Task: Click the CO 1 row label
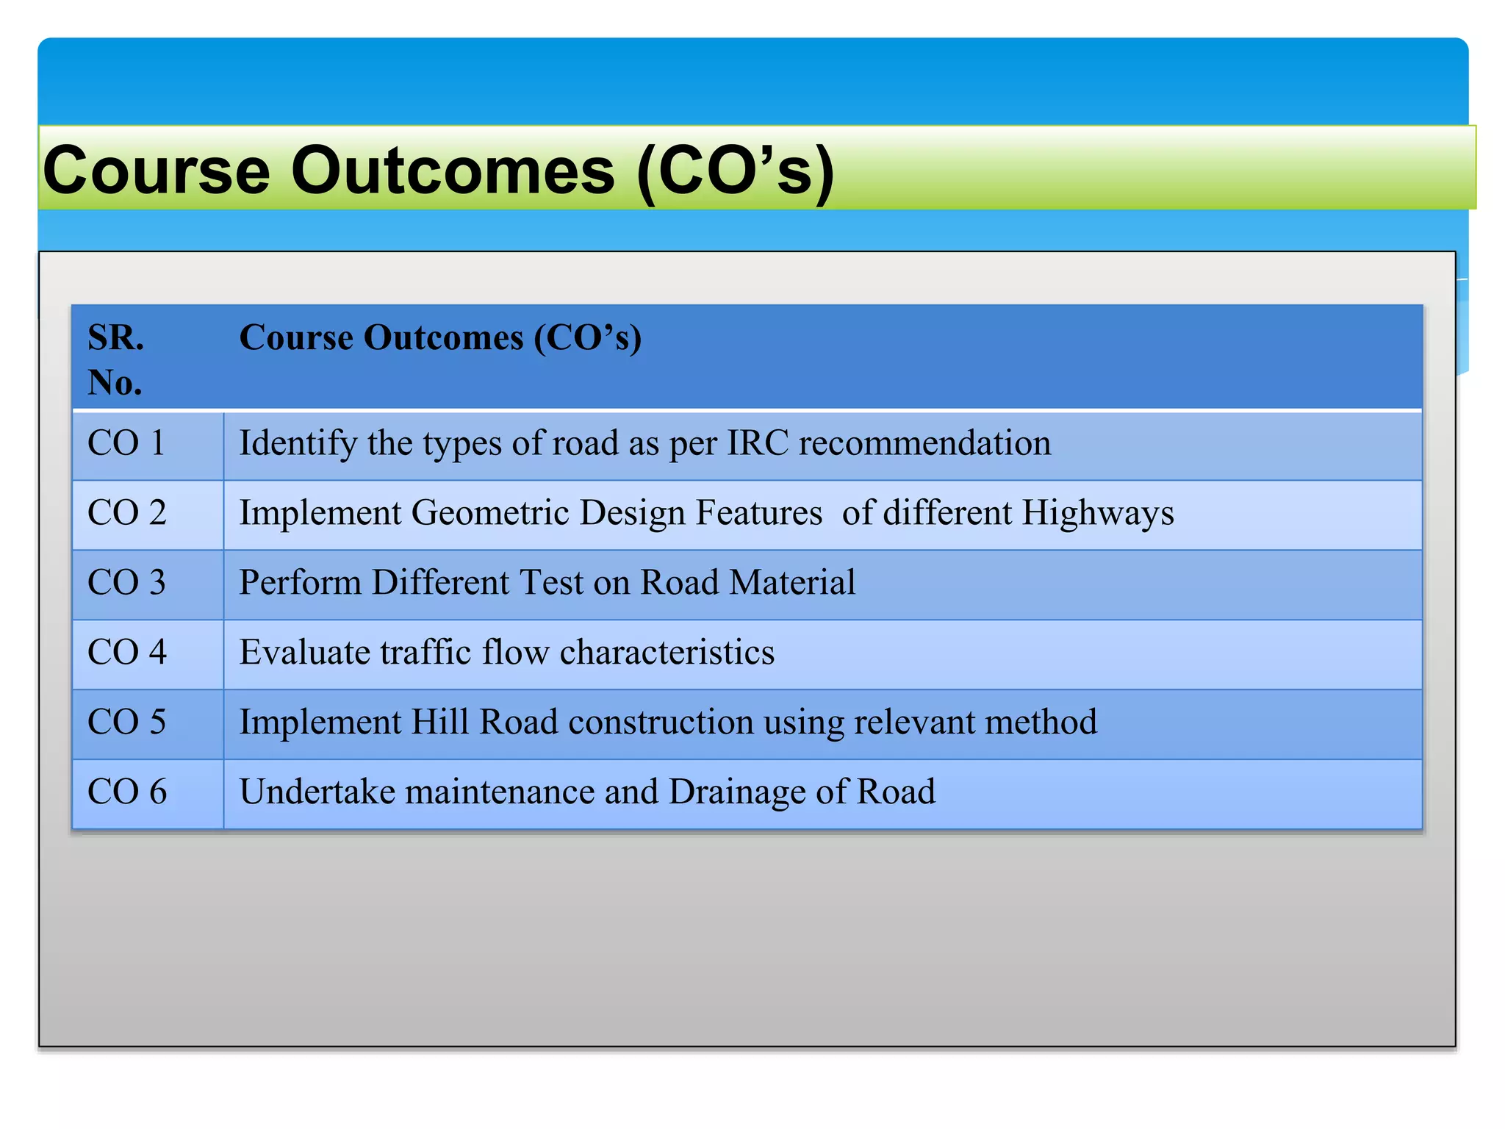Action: tap(126, 443)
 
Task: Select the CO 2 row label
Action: tap(126, 513)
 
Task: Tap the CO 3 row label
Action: tap(126, 583)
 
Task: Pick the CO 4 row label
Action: tap(126, 653)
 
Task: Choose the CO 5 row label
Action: tap(126, 723)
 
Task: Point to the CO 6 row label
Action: tap(126, 792)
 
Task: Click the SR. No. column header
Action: tap(115, 359)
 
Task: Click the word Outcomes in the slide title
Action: tap(453, 171)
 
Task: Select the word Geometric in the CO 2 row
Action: tap(489, 513)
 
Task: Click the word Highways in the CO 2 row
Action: tap(1098, 513)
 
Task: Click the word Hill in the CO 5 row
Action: tap(439, 723)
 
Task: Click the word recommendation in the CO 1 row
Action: tap(924, 443)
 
